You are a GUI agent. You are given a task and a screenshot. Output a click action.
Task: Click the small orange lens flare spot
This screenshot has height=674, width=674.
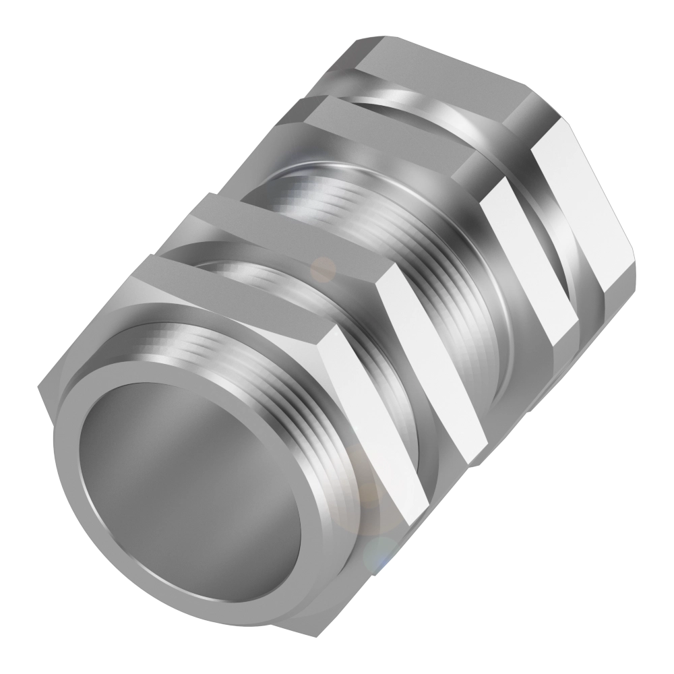326,268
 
